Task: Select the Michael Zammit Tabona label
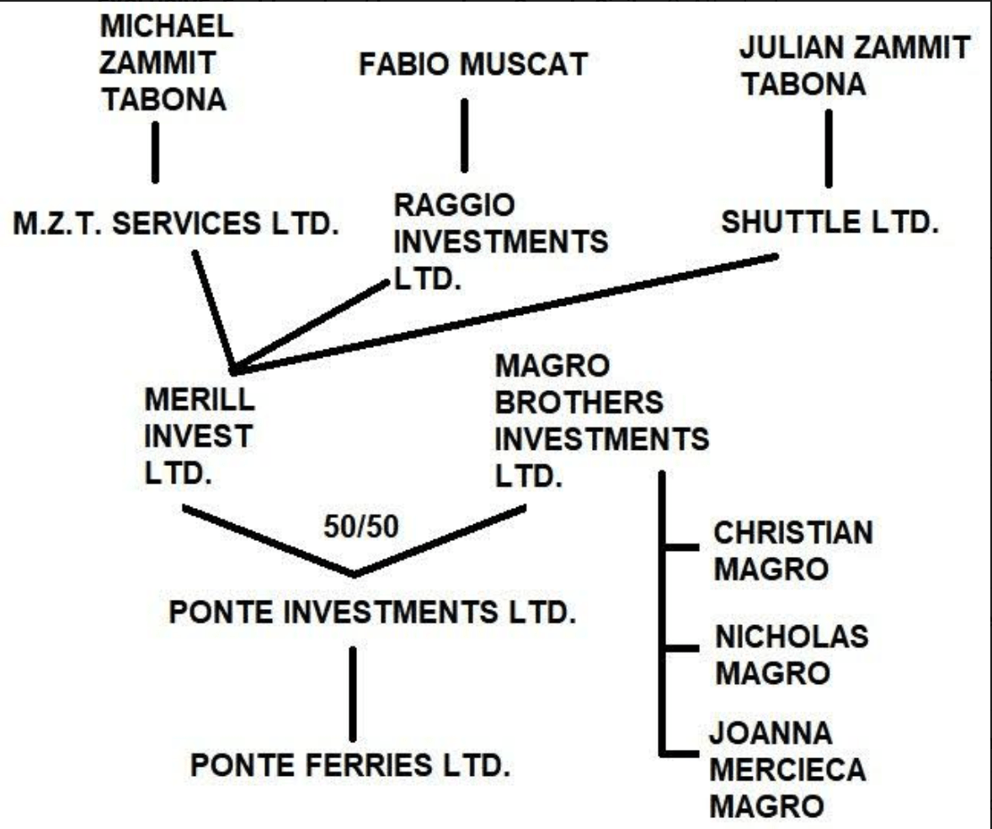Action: pos(165,63)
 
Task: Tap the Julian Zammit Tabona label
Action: pos(853,65)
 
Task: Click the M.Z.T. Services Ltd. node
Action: pos(173,227)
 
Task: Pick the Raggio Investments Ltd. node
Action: pos(500,241)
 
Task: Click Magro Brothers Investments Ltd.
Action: pos(600,418)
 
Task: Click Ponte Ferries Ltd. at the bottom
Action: pos(351,767)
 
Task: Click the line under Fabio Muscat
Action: pos(463,135)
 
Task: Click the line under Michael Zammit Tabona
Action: pos(155,152)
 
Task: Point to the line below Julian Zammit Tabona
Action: pos(828,148)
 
